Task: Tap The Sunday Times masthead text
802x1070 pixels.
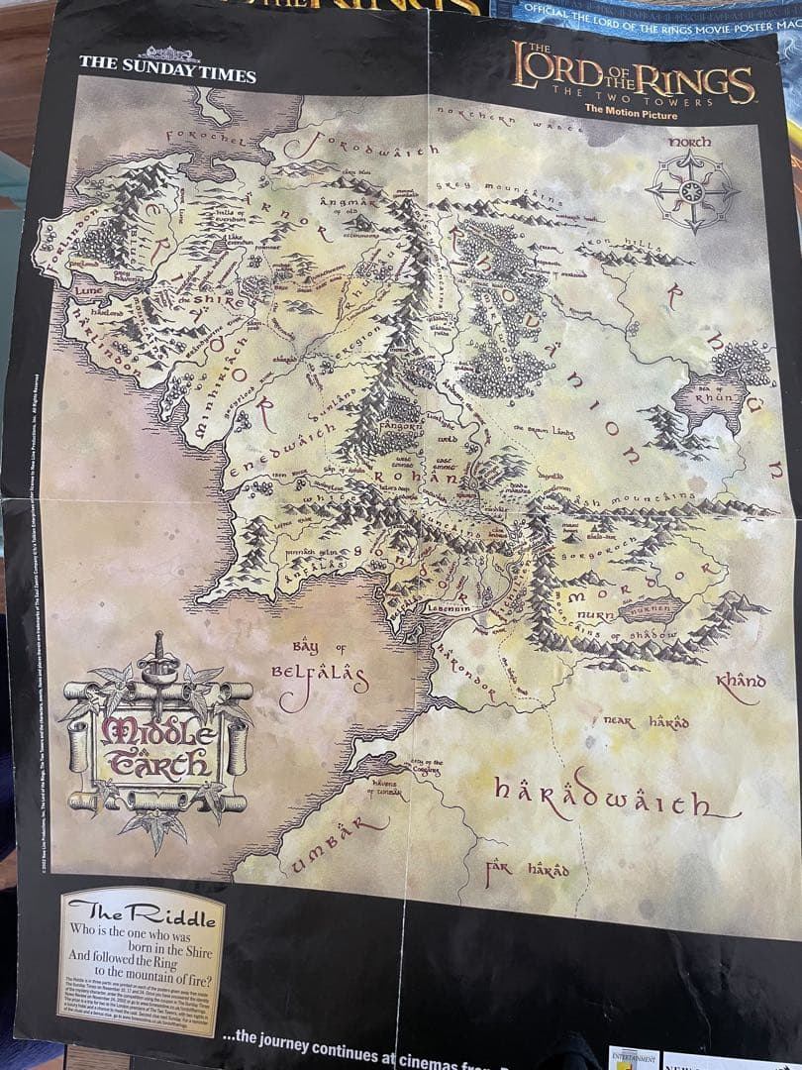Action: coord(167,74)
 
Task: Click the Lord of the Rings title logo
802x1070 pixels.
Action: coord(634,79)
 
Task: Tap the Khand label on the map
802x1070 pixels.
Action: coord(742,682)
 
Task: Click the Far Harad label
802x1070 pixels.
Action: coord(528,870)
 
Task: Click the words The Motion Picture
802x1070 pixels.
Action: coord(631,115)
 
